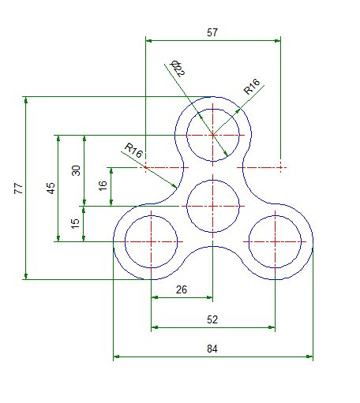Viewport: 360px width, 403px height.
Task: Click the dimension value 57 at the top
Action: pos(212,32)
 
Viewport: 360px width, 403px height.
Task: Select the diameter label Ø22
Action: pos(178,69)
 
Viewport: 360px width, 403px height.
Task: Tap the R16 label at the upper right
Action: pos(253,87)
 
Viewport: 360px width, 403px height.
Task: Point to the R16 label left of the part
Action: pos(133,151)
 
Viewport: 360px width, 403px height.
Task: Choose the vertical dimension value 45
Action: pos(51,188)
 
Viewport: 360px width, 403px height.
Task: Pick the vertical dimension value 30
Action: pos(77,170)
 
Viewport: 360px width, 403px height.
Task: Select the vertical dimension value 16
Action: pos(103,186)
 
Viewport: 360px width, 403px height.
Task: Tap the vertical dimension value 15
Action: pos(76,224)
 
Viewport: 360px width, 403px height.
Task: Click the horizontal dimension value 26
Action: pos(181,289)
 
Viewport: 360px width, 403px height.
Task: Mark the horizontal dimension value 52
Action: pos(212,319)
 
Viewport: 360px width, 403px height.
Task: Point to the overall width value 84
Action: pos(212,348)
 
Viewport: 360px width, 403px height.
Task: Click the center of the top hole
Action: pos(213,135)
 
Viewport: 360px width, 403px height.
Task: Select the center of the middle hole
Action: pos(213,206)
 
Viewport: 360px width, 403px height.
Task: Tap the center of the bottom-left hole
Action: pos(152,241)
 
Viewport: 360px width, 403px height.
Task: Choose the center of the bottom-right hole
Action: pos(275,241)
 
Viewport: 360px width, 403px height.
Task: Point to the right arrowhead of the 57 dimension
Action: pos(277,40)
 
